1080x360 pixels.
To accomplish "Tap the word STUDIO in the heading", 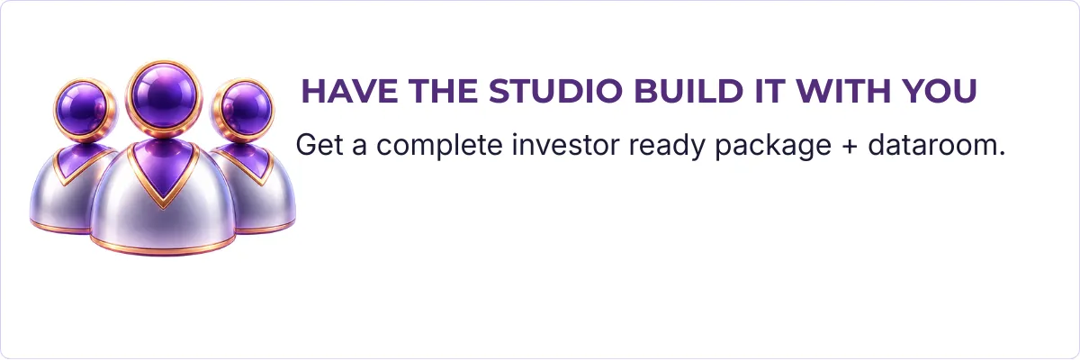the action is point(555,91).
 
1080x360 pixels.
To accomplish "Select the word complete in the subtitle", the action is point(439,146).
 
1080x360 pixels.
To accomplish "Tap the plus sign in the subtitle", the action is point(850,146).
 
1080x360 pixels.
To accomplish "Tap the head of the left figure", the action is point(85,111).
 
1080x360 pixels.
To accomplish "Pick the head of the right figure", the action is point(244,111).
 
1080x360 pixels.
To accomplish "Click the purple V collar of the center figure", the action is point(164,166).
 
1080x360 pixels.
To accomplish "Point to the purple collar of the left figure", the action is point(77,161).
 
